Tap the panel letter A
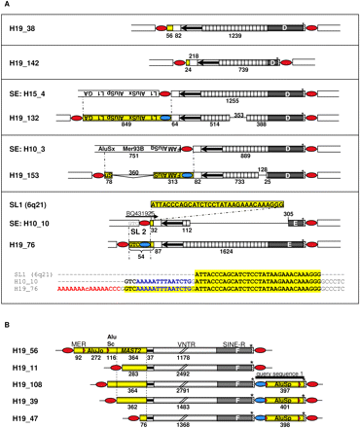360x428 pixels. pos(8,7)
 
